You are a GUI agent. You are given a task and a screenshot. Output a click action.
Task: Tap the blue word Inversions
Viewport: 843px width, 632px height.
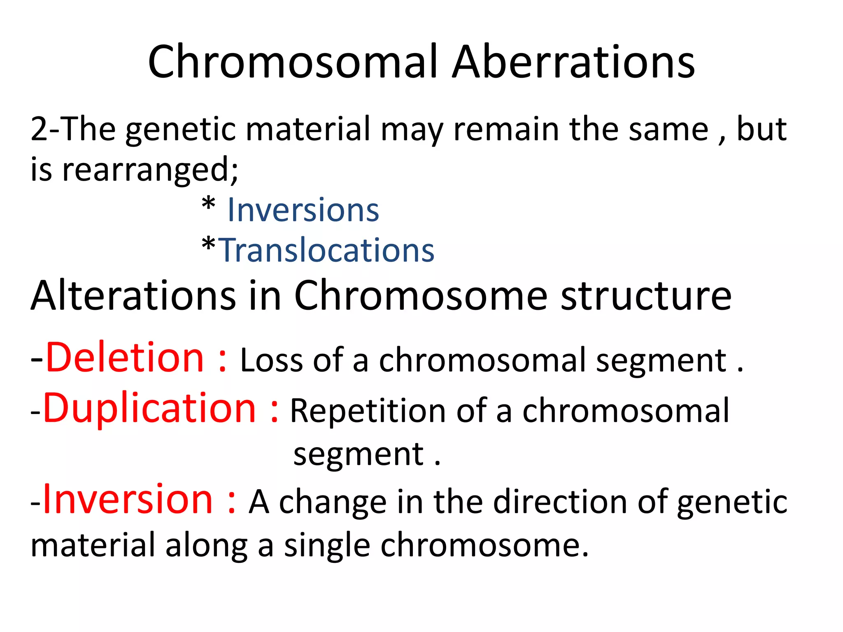(x=303, y=210)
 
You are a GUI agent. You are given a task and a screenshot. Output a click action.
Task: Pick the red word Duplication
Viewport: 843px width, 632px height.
(x=150, y=409)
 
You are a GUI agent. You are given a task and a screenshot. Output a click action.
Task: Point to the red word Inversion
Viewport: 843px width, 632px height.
(x=128, y=500)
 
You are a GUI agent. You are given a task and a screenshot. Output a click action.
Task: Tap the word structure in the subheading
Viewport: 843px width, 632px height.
(x=646, y=295)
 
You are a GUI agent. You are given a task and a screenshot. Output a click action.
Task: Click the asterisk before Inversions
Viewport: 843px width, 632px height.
(x=209, y=204)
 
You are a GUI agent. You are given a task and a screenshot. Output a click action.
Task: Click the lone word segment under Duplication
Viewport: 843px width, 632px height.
(x=358, y=455)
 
